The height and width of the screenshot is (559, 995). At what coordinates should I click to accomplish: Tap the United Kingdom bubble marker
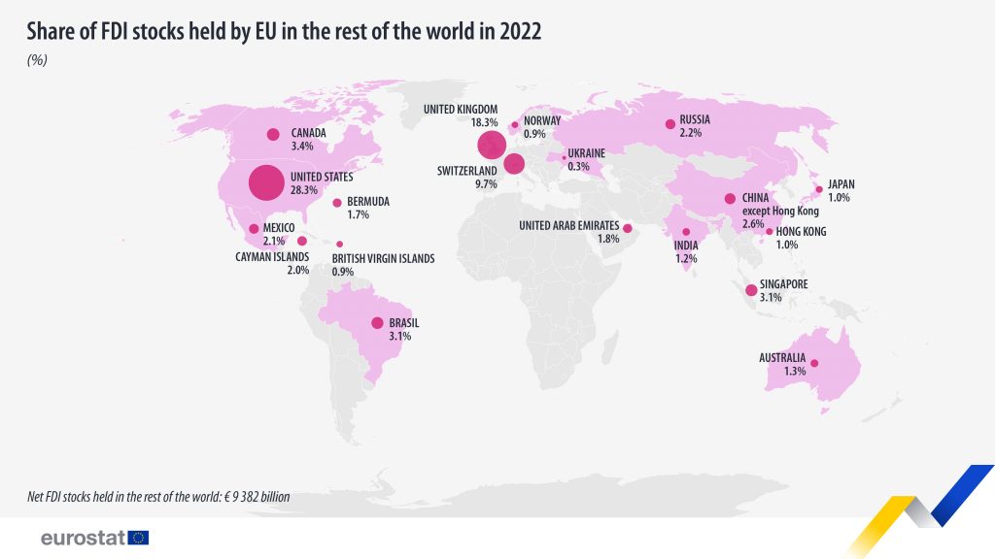(492, 146)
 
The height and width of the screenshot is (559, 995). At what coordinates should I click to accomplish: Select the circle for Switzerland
(514, 164)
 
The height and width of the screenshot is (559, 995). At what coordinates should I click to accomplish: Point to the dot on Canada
(273, 134)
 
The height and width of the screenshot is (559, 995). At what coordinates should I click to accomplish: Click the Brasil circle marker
(377, 323)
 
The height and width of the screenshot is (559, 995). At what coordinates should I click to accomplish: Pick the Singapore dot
(750, 290)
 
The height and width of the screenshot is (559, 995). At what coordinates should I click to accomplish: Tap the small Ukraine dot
(565, 157)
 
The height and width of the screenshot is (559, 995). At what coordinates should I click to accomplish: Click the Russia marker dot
(669, 124)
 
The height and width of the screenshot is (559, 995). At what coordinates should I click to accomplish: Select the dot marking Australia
(815, 364)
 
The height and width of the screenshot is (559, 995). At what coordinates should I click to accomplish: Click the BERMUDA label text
(368, 202)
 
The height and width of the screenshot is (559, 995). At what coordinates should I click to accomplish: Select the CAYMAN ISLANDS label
(273, 257)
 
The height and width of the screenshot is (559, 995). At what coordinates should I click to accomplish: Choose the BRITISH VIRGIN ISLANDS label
(383, 259)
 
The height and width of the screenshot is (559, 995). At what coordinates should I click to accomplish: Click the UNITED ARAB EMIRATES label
(569, 226)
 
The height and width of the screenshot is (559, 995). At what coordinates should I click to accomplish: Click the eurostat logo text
(82, 538)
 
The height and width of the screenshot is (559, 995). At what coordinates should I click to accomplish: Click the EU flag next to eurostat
(138, 538)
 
